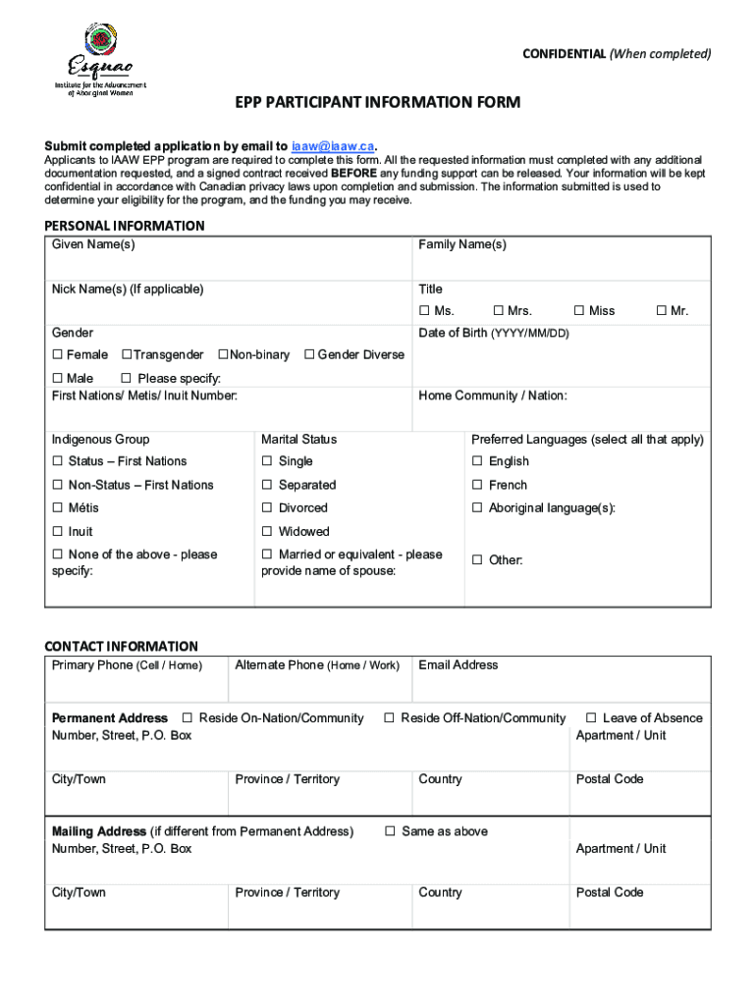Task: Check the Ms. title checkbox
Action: tap(425, 311)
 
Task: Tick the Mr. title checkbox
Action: tap(661, 311)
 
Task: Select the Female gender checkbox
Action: tap(57, 354)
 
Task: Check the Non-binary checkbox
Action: tap(223, 354)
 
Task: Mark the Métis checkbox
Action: tap(57, 508)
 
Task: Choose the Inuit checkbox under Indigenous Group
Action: tap(57, 532)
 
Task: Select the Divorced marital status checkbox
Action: tap(267, 508)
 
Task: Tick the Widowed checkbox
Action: tap(267, 532)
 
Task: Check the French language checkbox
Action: tap(477, 485)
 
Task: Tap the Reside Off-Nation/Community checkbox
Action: tap(389, 718)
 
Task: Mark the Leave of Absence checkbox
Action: tap(591, 718)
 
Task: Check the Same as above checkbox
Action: tap(390, 831)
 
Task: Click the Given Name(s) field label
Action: tap(93, 244)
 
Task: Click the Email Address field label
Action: tap(458, 665)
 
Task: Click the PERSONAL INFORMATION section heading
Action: tap(125, 226)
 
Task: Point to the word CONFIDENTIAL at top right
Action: tap(564, 54)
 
